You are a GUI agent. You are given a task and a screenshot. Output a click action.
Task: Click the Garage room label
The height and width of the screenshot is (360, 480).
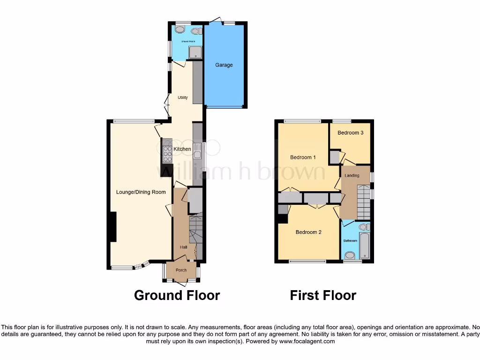pos(224,65)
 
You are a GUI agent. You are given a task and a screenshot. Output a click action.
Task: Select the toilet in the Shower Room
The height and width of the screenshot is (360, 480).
pos(197,30)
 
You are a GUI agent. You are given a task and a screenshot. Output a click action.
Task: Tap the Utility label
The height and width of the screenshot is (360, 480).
pos(182,98)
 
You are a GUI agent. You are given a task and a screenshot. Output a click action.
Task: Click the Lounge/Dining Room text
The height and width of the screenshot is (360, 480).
pos(141,192)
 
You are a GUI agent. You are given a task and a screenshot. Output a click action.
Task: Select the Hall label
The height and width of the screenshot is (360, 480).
pos(184,247)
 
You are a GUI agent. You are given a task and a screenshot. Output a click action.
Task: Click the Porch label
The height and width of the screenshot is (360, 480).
pos(181,270)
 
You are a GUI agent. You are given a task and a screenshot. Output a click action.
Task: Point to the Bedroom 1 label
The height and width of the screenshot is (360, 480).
pos(302,157)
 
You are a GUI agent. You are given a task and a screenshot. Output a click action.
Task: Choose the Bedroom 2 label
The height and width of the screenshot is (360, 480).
pos(308,232)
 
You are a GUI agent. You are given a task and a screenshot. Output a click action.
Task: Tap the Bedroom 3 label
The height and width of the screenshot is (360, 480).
pos(351,133)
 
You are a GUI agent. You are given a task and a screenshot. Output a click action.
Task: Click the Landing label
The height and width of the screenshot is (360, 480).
pos(352,176)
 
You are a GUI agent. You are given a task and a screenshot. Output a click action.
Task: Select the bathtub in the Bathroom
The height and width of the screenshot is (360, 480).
pos(365,244)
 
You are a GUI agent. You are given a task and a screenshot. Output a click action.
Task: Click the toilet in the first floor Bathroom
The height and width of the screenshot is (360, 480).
pos(350,255)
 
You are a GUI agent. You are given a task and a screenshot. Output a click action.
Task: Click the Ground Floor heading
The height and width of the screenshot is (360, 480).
pos(177,295)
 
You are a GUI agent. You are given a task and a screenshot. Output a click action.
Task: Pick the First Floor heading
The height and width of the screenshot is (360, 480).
pos(323,295)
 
